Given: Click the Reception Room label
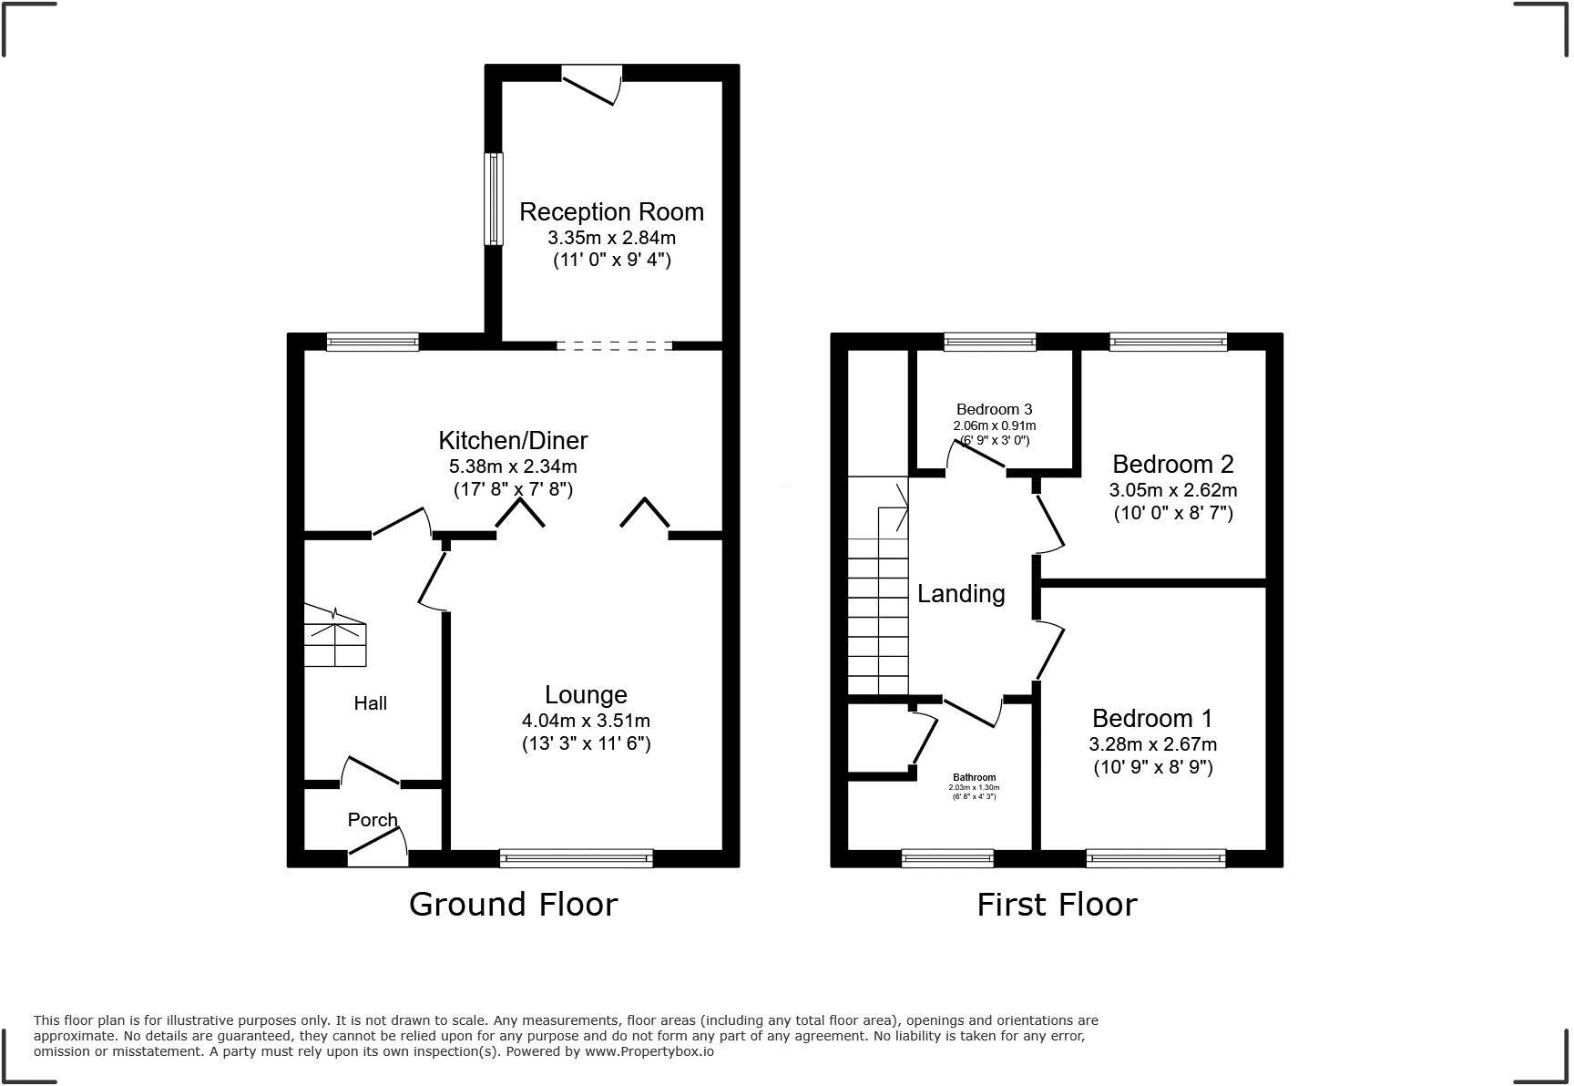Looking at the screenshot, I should (x=611, y=212).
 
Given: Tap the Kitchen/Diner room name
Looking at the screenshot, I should (x=513, y=441).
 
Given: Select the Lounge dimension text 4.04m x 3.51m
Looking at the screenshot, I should (x=586, y=721).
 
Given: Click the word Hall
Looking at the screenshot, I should (x=371, y=703).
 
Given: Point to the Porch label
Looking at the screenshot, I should (x=373, y=820).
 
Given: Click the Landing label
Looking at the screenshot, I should (x=961, y=594).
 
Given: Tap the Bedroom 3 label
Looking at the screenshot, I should (x=994, y=410).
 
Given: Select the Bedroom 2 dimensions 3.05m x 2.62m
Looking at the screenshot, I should (x=1173, y=490).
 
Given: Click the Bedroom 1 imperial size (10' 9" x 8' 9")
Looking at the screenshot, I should (x=1153, y=767).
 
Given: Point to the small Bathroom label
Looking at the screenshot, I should (x=974, y=777).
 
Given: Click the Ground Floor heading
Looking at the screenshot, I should (x=513, y=905).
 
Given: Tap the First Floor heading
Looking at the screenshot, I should (x=1057, y=906).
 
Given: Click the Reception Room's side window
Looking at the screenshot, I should (x=493, y=199).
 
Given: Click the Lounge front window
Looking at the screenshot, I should (x=577, y=857).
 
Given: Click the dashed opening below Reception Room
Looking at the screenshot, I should (x=614, y=346).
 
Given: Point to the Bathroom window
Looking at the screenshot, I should (x=947, y=857).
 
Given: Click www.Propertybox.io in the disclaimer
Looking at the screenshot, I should (x=649, y=1051).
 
